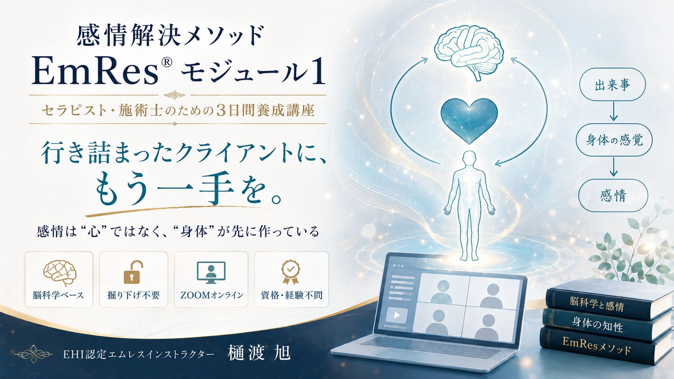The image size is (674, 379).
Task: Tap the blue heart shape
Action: click(x=469, y=119)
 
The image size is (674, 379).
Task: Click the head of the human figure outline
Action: click(x=469, y=158)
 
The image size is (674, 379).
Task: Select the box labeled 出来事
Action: click(x=612, y=85)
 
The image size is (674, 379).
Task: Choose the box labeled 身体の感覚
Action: click(x=614, y=140)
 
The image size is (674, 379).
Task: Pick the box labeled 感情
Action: click(x=613, y=195)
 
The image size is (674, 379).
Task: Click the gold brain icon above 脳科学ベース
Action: click(x=60, y=273)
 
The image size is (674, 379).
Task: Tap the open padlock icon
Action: click(x=133, y=272)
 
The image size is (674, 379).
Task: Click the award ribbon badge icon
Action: click(x=290, y=272)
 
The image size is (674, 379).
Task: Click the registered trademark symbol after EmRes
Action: click(x=166, y=62)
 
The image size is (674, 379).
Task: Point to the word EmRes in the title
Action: click(x=95, y=71)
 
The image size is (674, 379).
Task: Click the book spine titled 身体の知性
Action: click(x=597, y=324)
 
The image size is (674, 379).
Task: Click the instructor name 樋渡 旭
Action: click(x=259, y=353)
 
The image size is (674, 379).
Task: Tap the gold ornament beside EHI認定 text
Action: click(x=34, y=354)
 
